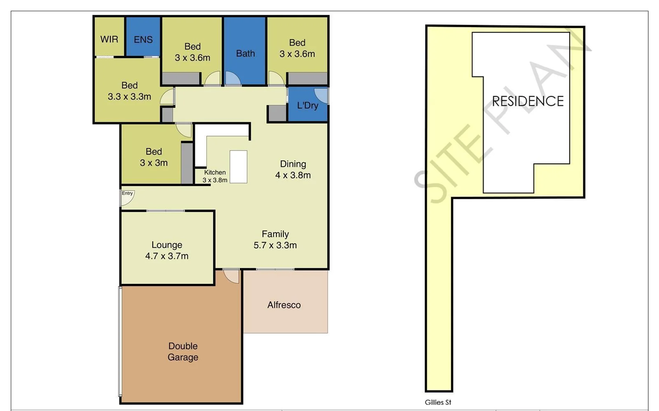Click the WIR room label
[x=109, y=39]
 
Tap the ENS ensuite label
[x=143, y=39]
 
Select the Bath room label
[x=245, y=53]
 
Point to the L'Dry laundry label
[x=308, y=105]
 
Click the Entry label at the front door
[x=127, y=193]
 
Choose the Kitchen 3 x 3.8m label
[x=215, y=176]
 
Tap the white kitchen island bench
[x=238, y=167]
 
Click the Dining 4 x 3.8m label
[x=293, y=170]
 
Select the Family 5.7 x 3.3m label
[x=275, y=239]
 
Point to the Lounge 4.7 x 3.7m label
[x=167, y=250]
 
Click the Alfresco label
[x=284, y=305]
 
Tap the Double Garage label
[x=183, y=352]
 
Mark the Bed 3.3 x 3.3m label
[x=129, y=91]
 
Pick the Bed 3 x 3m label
[x=154, y=157]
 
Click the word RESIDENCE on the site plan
[x=528, y=101]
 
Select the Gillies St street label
[x=438, y=402]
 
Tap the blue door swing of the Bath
[x=232, y=79]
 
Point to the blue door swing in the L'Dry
[x=321, y=95]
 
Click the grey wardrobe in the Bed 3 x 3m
[x=187, y=163]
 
